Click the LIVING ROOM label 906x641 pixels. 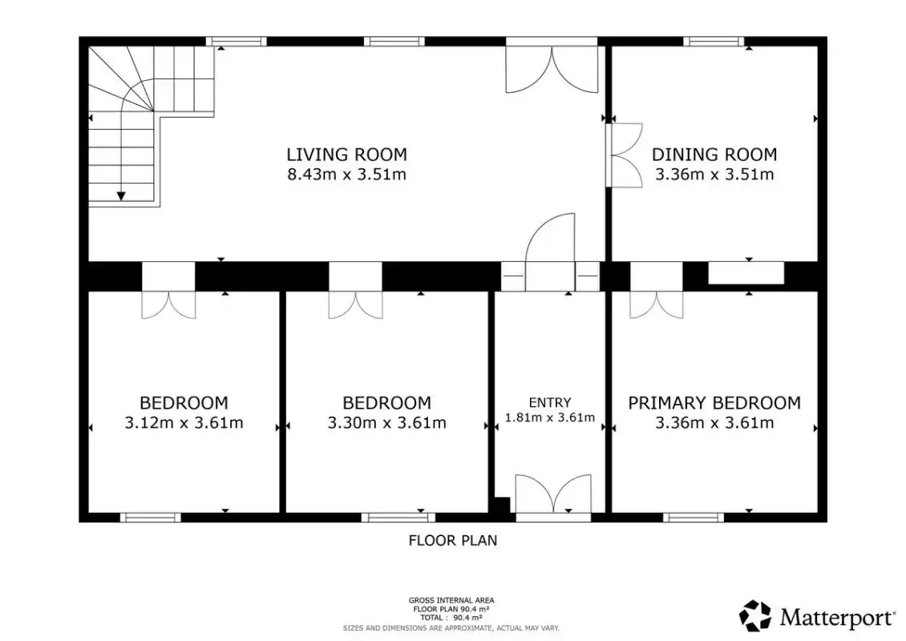346,155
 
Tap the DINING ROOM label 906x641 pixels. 714,155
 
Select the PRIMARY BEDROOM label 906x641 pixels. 714,403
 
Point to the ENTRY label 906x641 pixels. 549,402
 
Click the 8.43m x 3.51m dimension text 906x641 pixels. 346,175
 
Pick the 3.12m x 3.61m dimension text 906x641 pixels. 184,423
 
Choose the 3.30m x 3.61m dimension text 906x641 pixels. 386,423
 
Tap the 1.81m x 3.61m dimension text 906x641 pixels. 549,417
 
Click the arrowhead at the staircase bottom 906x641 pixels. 121,196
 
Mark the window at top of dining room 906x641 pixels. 714,42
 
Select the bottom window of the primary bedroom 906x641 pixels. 694,518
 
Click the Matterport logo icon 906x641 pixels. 755,615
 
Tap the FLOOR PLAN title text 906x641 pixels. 452,541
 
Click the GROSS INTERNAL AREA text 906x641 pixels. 451,601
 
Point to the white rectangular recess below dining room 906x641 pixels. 746,273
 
